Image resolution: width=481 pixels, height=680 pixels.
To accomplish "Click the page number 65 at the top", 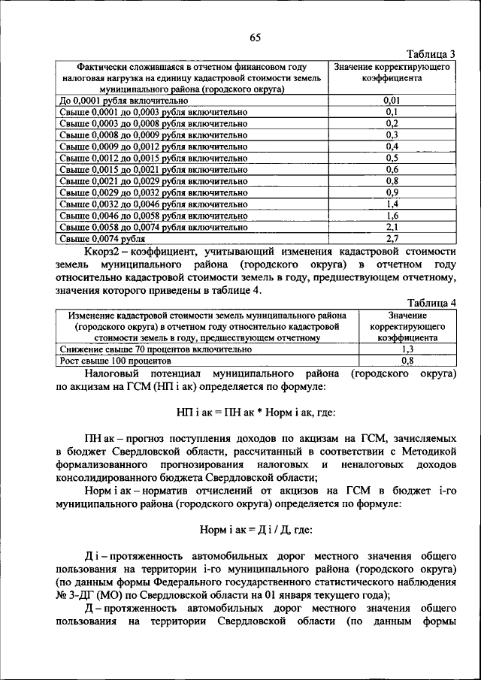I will point(255,38).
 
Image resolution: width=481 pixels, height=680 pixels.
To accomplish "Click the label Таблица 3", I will point(431,55).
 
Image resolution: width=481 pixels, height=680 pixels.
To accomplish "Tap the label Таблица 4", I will point(431,304).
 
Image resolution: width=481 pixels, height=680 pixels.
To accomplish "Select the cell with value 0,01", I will point(391,99).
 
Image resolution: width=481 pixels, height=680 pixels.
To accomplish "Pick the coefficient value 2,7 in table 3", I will point(391,238).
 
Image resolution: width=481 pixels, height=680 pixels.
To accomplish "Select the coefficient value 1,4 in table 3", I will point(391,204).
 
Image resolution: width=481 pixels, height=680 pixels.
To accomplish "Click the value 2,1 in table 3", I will point(391,226).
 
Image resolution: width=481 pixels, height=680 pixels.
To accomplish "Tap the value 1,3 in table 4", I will point(408,349).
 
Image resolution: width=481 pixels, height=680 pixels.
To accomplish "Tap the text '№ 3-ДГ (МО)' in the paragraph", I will point(89,594).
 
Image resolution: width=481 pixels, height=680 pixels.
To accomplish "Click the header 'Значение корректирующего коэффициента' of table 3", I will point(391,72).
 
